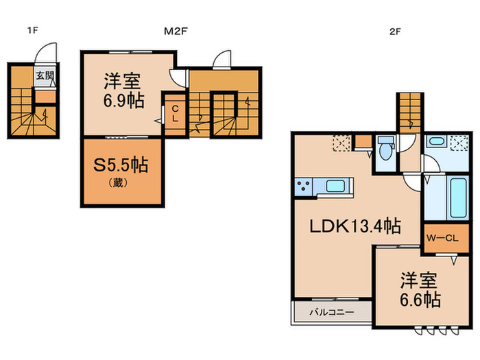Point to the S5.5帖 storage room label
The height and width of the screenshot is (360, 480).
pyautogui.click(x=121, y=165)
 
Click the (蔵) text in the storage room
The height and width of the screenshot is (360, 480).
pyautogui.click(x=121, y=183)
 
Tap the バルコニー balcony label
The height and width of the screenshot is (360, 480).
pyautogui.click(x=331, y=312)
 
